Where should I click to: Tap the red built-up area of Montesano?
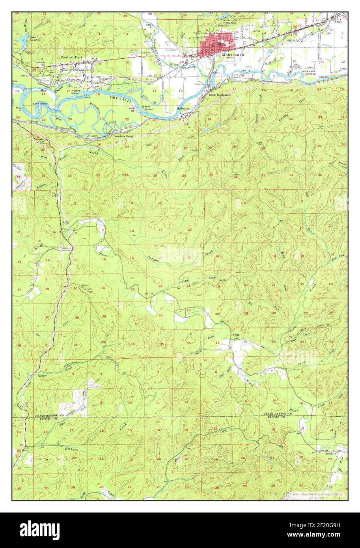pyautogui.click(x=213, y=45)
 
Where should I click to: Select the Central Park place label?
pyautogui.click(x=72, y=57)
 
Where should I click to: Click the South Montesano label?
pyautogui.click(x=220, y=95)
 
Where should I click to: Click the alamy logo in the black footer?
pyautogui.click(x=40, y=530)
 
